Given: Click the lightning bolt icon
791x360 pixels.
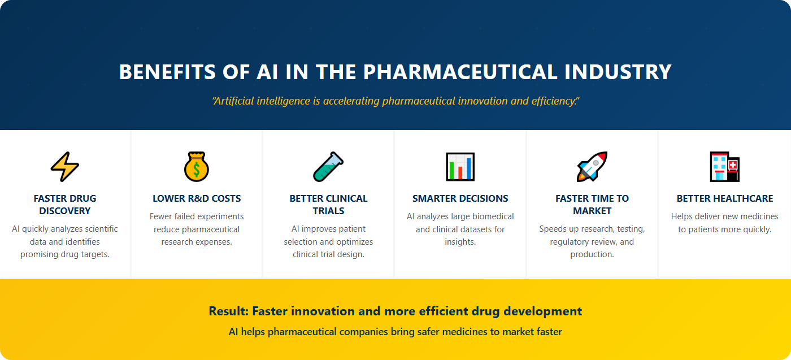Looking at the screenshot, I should (65, 167).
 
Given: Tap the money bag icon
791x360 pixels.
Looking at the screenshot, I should (197, 167).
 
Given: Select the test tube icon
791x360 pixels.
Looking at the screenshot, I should (328, 167).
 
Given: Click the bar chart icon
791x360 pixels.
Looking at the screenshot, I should (460, 167).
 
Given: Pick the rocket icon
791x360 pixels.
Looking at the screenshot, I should (592, 167).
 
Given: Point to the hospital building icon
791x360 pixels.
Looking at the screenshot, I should (724, 167).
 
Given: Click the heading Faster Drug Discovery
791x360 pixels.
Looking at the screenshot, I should (65, 205).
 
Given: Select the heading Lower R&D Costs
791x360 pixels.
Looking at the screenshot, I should (197, 198).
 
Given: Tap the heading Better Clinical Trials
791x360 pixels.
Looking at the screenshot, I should (328, 205).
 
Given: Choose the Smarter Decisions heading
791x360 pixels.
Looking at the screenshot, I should (460, 198).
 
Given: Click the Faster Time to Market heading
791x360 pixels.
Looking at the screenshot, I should (592, 205).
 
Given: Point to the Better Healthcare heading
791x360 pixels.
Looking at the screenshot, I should (724, 198).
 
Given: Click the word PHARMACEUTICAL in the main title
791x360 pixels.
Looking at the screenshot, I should (460, 72).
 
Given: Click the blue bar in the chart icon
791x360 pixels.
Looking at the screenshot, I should (468, 168).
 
